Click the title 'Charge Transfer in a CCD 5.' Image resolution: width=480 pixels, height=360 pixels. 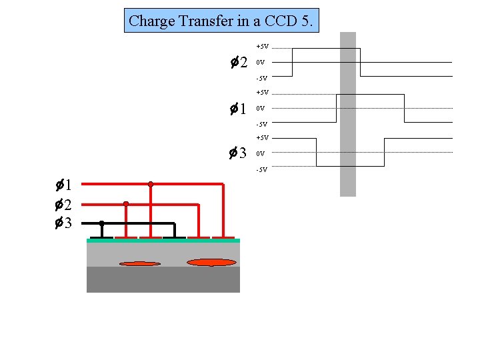[222, 21]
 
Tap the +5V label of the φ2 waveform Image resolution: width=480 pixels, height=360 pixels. [262, 47]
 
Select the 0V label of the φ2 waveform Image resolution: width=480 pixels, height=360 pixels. [261, 63]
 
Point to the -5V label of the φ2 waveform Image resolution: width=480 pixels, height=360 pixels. [261, 79]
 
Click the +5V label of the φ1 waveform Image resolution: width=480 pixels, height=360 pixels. [262, 93]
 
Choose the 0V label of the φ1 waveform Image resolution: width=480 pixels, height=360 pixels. [261, 108]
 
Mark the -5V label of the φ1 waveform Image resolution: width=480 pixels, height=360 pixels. [261, 124]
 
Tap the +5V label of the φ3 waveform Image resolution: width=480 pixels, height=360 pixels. [262, 138]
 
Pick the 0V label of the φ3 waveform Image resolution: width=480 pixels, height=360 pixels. [261, 153]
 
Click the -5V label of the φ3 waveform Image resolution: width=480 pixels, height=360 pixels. [261, 169]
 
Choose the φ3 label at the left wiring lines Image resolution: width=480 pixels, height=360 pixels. [64, 223]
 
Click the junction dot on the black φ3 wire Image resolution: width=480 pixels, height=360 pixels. [101, 223]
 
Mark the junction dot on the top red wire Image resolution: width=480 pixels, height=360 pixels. [151, 184]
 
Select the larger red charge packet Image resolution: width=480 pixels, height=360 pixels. [211, 263]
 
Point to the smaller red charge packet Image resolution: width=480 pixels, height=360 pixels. [139, 264]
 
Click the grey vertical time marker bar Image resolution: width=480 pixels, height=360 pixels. [348, 114]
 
